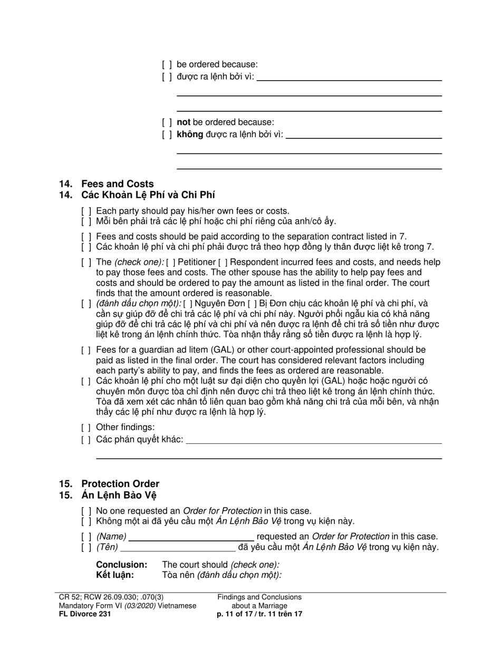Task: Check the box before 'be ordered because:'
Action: coord(167,64)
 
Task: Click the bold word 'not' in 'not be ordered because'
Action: coord(184,122)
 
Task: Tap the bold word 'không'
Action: coord(190,134)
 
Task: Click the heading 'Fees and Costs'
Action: coord(117,184)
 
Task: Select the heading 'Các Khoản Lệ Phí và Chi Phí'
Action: coord(148,195)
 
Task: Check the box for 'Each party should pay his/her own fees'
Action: coord(86,211)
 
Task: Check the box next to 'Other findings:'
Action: coord(86,427)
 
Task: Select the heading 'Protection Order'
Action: coord(120,483)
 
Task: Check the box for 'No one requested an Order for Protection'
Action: coord(86,511)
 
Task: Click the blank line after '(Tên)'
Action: coord(178,548)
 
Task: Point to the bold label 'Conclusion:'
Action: coord(121,565)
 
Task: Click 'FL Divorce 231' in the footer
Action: coord(85,614)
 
